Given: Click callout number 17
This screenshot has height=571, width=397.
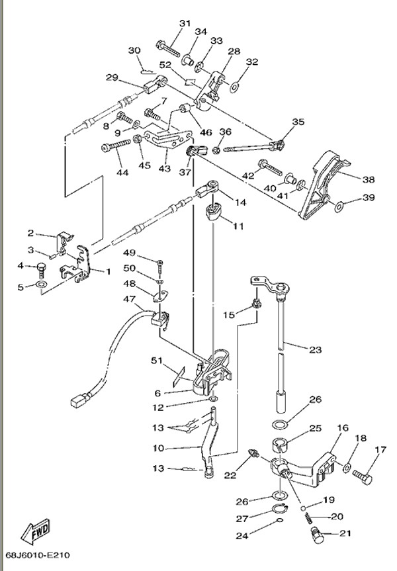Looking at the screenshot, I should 379,451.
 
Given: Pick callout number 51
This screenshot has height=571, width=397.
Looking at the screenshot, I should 156,361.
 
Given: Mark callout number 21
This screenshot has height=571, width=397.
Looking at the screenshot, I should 345,533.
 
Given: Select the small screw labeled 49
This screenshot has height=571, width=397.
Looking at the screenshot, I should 159,265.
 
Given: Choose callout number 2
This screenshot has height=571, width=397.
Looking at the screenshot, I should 30,233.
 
